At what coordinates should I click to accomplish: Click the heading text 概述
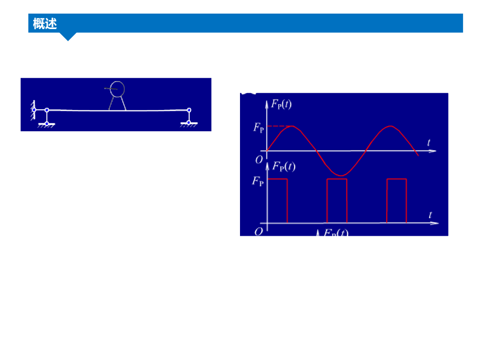[x=45, y=23]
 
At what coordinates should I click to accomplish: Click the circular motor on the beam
[x=117, y=88]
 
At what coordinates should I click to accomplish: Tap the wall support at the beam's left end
[x=33, y=110]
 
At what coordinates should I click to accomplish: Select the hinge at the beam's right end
[x=189, y=110]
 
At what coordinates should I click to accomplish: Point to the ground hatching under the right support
[x=188, y=125]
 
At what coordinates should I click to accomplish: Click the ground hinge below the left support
[x=47, y=123]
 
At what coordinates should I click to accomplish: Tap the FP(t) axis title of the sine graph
[x=281, y=104]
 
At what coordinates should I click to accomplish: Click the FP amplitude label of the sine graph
[x=259, y=127]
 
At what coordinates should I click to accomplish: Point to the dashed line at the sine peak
[x=278, y=126]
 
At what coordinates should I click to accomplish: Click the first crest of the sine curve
[x=292, y=127]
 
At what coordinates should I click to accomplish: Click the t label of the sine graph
[x=429, y=142]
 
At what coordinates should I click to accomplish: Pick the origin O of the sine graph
[x=259, y=159]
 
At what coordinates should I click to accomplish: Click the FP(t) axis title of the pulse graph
[x=284, y=166]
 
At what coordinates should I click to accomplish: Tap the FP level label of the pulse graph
[x=258, y=181]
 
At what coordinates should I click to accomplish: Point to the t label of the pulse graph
[x=430, y=215]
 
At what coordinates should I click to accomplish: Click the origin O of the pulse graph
[x=258, y=231]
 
